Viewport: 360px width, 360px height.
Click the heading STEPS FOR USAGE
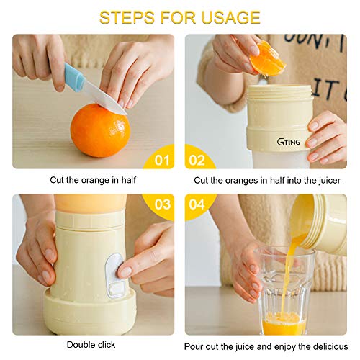[180, 17]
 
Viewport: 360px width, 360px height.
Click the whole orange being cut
[100, 130]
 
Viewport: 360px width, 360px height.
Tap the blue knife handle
[73, 76]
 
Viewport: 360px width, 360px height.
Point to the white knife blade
[104, 99]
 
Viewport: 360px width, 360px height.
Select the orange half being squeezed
[267, 58]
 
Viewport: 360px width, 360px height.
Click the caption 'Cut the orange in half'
[93, 180]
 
